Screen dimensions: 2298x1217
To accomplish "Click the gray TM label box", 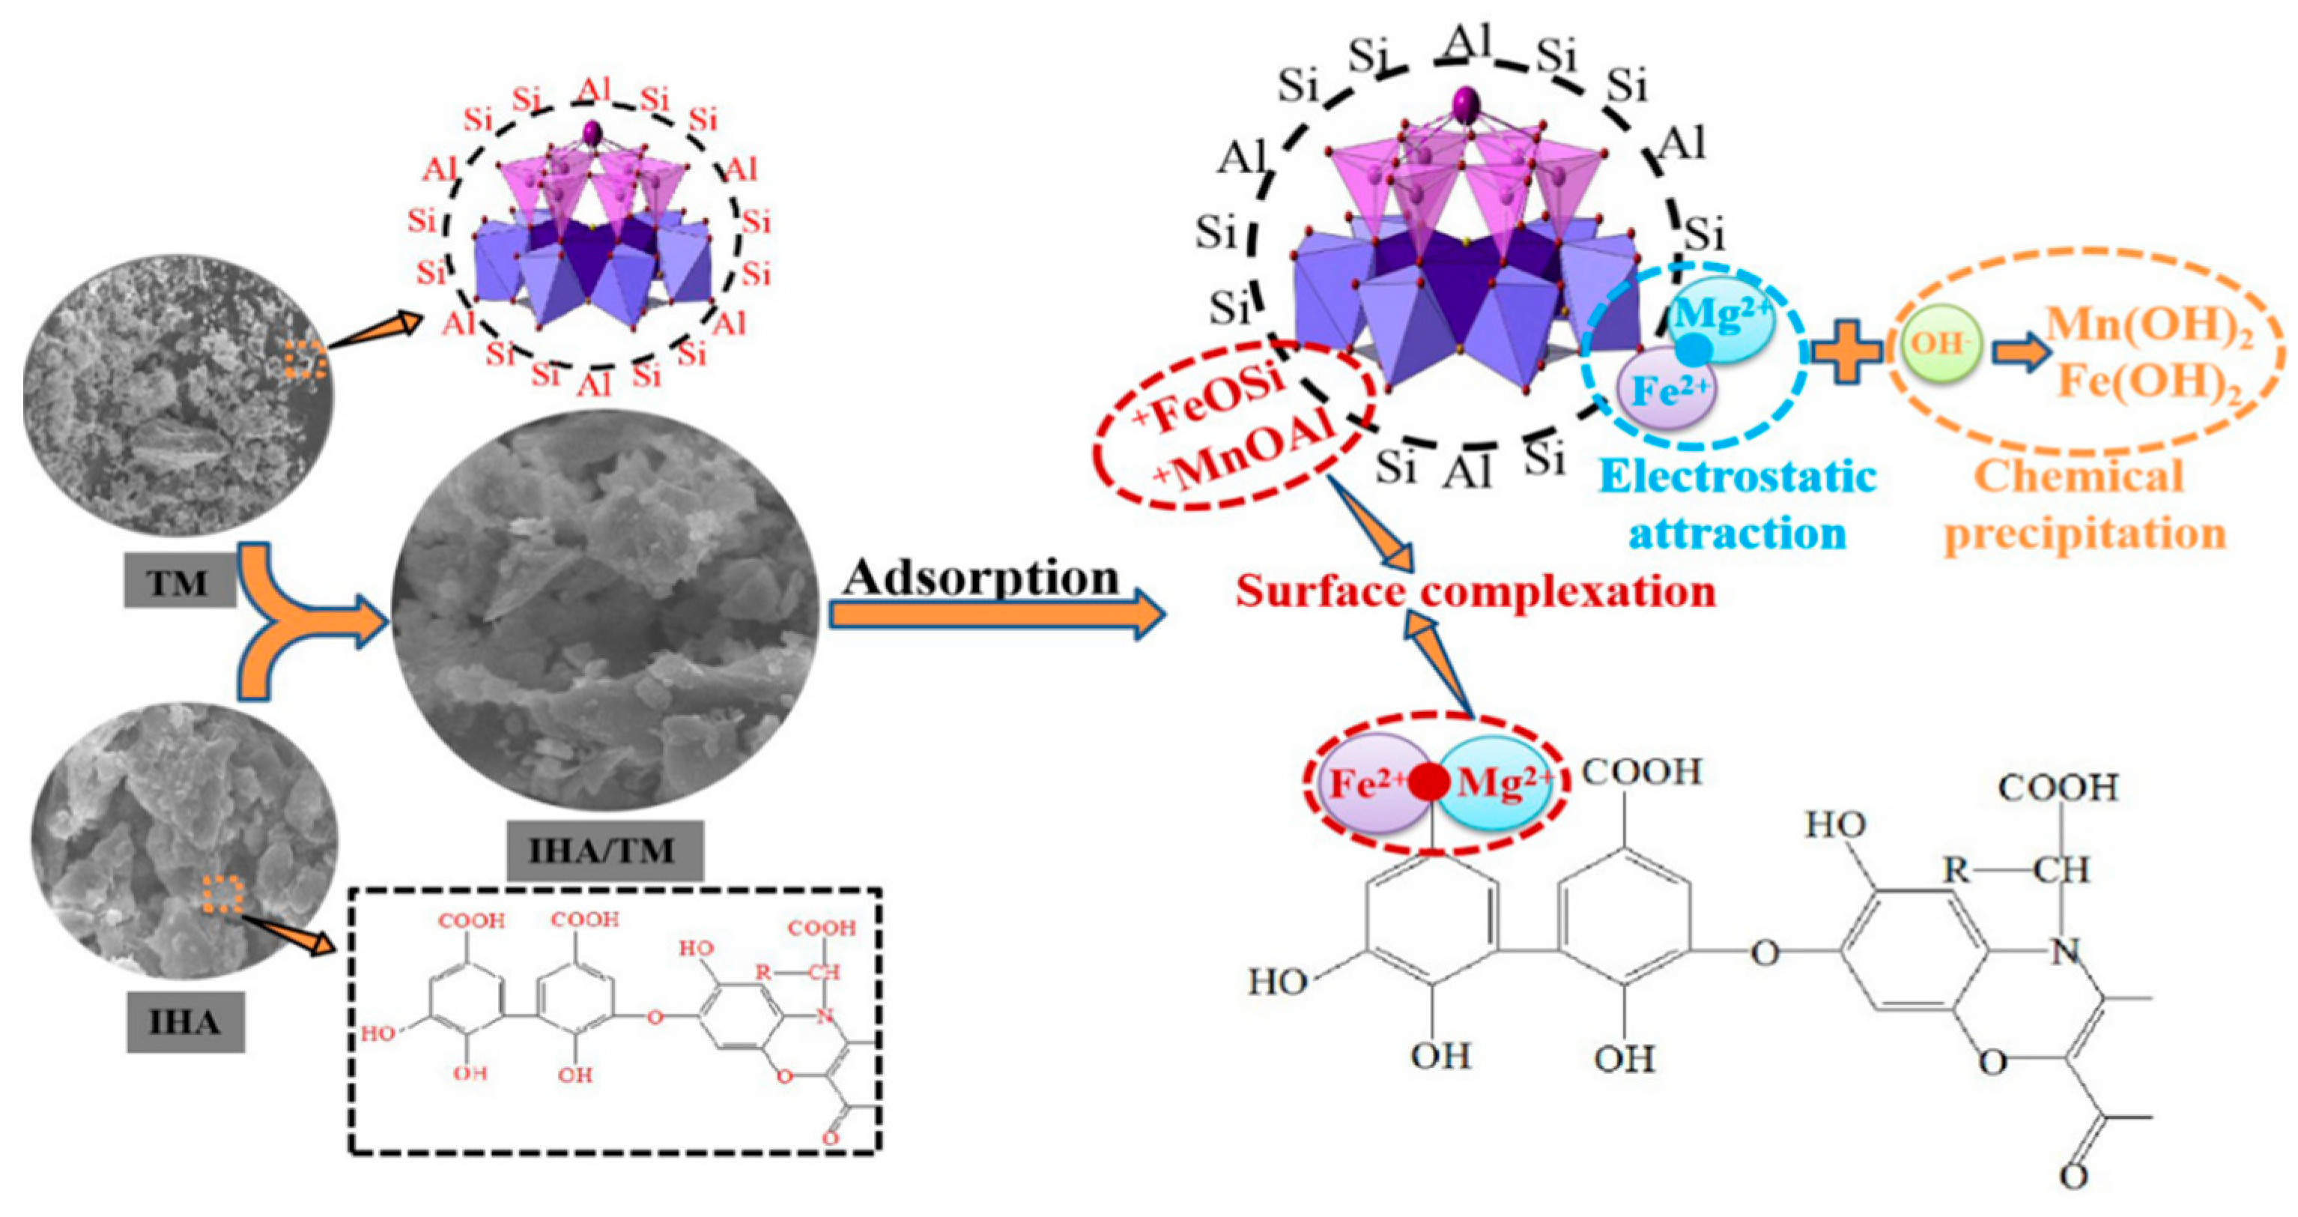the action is (x=178, y=584).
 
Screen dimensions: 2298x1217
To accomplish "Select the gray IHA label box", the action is (x=185, y=1021).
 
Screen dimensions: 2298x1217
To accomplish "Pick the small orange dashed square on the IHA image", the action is (x=222, y=895).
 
